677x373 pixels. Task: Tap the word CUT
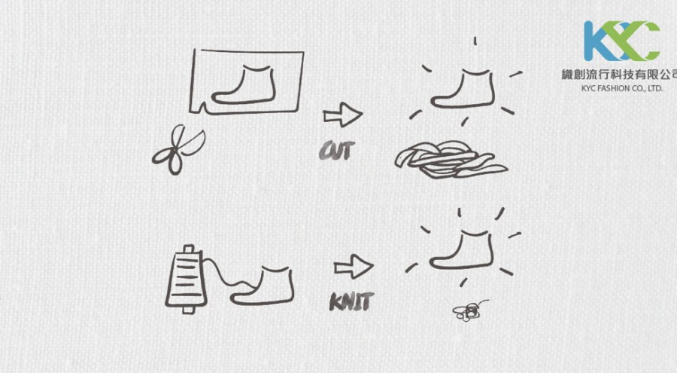337,151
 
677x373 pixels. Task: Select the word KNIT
351,301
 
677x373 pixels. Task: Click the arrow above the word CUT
343,115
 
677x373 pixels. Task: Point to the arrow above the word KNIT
354,266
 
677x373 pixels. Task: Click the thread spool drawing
186,280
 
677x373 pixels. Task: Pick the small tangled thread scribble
469,311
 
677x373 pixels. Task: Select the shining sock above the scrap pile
463,88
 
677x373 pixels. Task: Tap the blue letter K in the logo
597,41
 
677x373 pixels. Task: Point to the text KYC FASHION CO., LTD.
622,88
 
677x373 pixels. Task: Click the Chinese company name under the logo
619,75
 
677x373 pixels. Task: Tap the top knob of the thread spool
188,249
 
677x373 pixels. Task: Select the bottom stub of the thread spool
188,310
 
